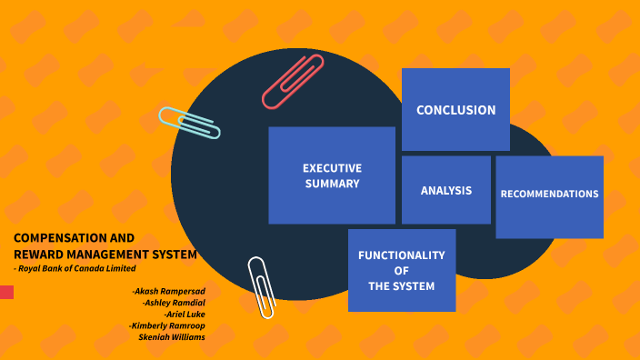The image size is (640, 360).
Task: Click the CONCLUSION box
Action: [455, 110]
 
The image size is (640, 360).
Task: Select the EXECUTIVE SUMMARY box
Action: [332, 175]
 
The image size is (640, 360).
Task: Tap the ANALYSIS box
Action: [445, 191]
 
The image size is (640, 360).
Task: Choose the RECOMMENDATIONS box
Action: [549, 194]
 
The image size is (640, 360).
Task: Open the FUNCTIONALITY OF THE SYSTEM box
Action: [401, 271]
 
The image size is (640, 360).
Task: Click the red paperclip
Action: [293, 82]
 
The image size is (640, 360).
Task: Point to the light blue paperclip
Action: [189, 123]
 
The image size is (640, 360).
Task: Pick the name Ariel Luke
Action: [185, 314]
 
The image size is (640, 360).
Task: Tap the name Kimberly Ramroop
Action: [167, 325]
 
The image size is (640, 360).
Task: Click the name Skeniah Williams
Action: [171, 337]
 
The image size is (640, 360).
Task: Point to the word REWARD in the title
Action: [37, 255]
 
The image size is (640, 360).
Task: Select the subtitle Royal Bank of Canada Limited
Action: [77, 268]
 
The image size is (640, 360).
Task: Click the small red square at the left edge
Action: [6, 292]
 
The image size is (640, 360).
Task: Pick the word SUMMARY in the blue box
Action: [332, 184]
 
